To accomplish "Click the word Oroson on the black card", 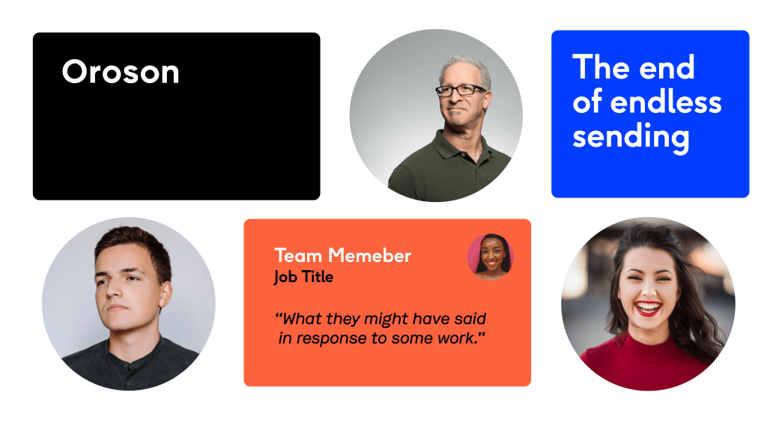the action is click(x=121, y=72).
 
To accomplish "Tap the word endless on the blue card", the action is click(x=666, y=102).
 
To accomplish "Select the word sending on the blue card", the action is click(x=631, y=137).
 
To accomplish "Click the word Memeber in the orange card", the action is click(x=369, y=256).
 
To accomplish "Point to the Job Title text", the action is click(x=304, y=277).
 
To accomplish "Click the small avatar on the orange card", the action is click(x=491, y=257).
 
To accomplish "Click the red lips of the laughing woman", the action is click(x=648, y=308).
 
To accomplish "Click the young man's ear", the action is click(x=166, y=296).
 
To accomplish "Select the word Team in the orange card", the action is click(x=298, y=256).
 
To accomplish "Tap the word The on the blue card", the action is click(x=601, y=67).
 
